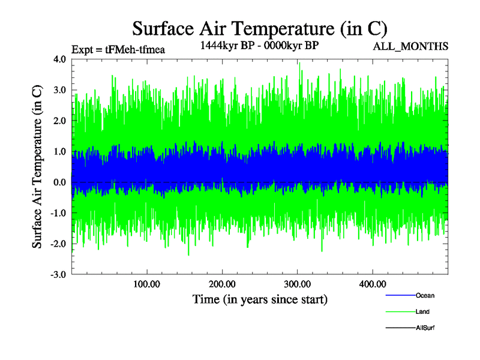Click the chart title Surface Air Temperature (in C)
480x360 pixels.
(x=260, y=28)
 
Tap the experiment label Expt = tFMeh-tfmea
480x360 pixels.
(x=118, y=49)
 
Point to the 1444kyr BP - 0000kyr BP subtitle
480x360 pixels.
(x=259, y=45)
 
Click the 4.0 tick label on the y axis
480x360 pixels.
(x=59, y=59)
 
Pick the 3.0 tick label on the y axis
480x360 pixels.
(x=59, y=90)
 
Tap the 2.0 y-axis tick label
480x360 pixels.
(x=59, y=121)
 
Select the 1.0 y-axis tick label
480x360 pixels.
(x=59, y=152)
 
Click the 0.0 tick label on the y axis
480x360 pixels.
(x=59, y=182)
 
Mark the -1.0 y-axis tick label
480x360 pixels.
(x=58, y=213)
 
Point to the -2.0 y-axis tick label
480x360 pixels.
(x=58, y=244)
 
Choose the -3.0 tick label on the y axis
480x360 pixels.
(x=58, y=275)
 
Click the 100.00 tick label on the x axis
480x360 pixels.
(x=146, y=283)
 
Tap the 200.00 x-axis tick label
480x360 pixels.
(x=222, y=283)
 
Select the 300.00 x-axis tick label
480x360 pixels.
(x=297, y=283)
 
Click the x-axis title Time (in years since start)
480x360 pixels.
(x=260, y=299)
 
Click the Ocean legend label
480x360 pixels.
(x=425, y=295)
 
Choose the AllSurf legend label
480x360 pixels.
(x=425, y=328)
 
